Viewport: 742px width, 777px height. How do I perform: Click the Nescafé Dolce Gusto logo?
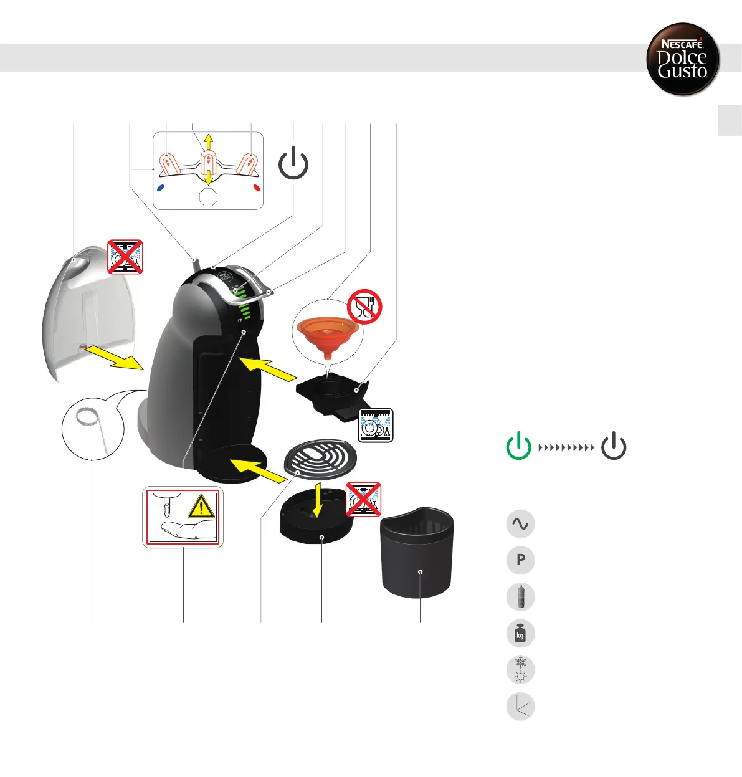click(x=683, y=60)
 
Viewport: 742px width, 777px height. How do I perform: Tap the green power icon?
click(x=518, y=446)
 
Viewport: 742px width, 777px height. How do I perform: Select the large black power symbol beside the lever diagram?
click(x=293, y=163)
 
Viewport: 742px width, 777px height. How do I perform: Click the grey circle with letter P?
click(x=521, y=560)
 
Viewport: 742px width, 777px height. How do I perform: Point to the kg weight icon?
click(x=521, y=634)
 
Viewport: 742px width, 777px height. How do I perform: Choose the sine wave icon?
click(x=521, y=523)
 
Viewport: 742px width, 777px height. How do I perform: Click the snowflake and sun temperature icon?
click(x=521, y=670)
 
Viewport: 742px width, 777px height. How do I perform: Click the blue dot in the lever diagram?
click(x=161, y=187)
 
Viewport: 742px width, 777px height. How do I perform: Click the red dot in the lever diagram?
click(x=257, y=187)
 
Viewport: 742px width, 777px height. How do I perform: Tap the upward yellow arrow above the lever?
click(x=209, y=141)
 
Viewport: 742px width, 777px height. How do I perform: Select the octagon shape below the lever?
click(x=208, y=197)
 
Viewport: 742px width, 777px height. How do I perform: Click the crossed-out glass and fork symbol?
click(x=364, y=306)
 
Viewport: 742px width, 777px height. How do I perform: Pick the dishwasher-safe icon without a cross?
click(x=376, y=425)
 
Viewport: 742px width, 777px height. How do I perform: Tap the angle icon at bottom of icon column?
click(x=521, y=707)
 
